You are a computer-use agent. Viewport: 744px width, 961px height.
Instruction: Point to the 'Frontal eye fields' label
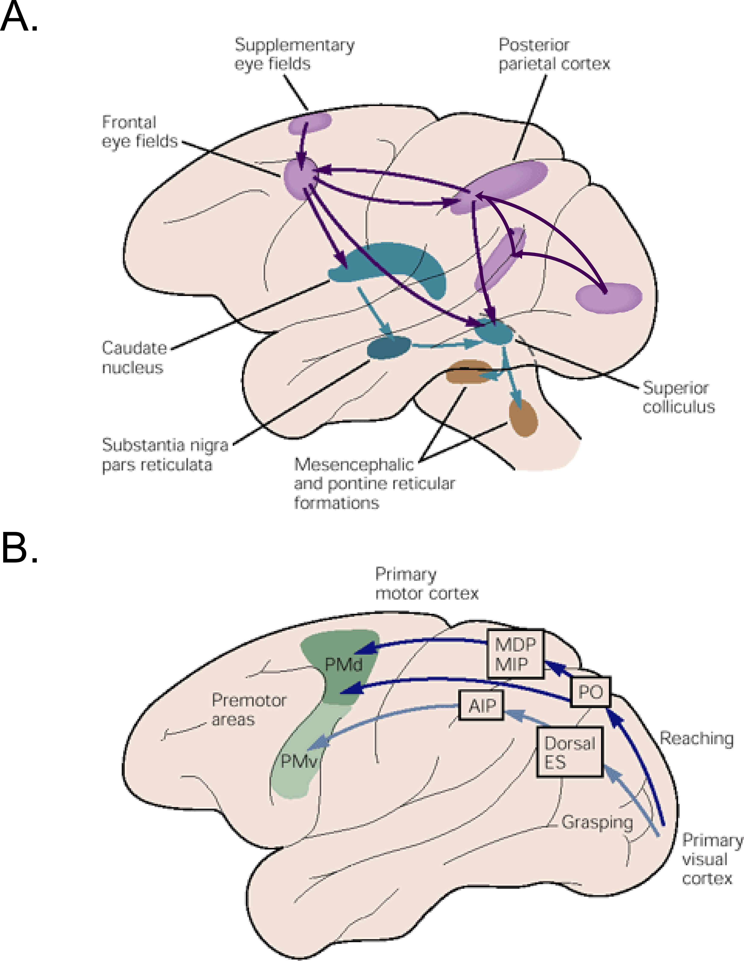[x=139, y=132]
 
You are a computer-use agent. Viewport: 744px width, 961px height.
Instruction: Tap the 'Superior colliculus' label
[x=678, y=397]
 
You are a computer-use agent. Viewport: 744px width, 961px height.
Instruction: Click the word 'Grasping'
[x=597, y=822]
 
